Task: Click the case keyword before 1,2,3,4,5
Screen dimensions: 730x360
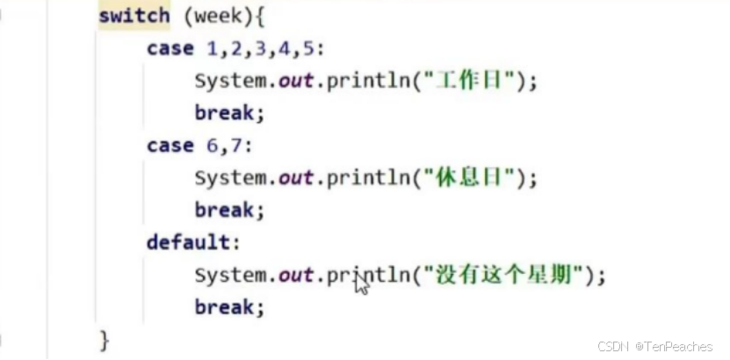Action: pyautogui.click(x=170, y=48)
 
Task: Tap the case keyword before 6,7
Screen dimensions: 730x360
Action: pyautogui.click(x=170, y=146)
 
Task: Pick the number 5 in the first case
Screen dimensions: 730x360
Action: pyautogui.click(x=307, y=48)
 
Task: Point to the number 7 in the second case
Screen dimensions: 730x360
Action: pyautogui.click(x=236, y=146)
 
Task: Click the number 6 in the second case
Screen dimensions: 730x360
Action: pyautogui.click(x=213, y=146)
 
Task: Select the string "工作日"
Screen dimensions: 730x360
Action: pyautogui.click(x=473, y=81)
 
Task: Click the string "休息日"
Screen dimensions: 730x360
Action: pyautogui.click(x=473, y=178)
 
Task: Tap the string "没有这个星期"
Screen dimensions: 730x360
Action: pyautogui.click(x=504, y=276)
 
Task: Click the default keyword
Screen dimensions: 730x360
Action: pyautogui.click(x=188, y=242)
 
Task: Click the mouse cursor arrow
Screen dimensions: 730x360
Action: pyautogui.click(x=361, y=284)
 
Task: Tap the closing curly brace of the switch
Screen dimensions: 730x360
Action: pyautogui.click(x=105, y=339)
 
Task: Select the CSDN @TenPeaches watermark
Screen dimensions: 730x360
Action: pyautogui.click(x=655, y=347)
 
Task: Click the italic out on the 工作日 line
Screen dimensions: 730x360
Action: pyautogui.click(x=296, y=81)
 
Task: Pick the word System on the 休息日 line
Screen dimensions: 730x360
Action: pyautogui.click(x=230, y=178)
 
